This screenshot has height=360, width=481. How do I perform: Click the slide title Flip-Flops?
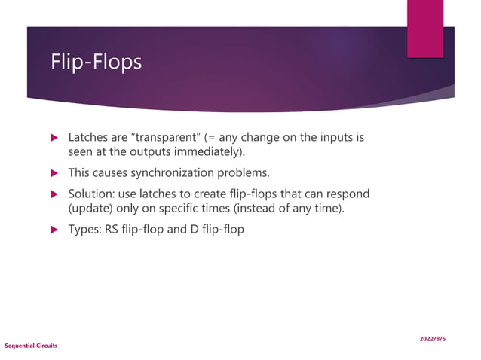(x=96, y=62)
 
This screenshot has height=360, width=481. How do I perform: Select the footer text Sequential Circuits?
(x=31, y=346)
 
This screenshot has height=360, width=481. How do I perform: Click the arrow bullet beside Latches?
(x=54, y=139)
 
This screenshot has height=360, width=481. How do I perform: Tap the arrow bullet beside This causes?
(x=54, y=173)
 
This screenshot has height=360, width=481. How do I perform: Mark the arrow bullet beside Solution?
(x=54, y=194)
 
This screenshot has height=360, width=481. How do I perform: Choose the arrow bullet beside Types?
(x=54, y=230)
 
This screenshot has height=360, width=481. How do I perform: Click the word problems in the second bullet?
(x=243, y=172)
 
